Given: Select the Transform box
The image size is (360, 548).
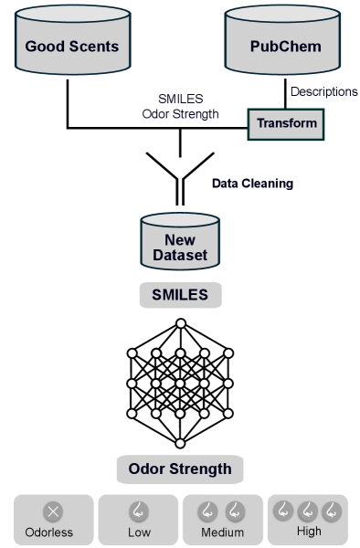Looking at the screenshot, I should click(286, 123).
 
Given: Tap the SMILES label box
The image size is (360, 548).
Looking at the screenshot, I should click(180, 295).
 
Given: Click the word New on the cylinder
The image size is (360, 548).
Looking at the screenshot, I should click(180, 240).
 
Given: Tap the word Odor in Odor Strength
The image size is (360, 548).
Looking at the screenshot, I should click(146, 469).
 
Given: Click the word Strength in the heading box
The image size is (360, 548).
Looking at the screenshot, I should click(200, 469).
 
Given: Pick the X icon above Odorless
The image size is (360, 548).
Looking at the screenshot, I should click(54, 511).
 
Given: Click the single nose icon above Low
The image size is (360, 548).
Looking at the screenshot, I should click(138, 511).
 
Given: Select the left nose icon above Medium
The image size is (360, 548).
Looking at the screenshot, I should click(210, 511).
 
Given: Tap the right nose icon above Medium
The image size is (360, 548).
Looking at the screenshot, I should click(235, 511).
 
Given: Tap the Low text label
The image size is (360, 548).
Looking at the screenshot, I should click(138, 532).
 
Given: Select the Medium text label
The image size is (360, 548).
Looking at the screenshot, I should click(222, 532).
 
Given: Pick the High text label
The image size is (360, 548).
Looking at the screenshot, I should click(308, 531).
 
